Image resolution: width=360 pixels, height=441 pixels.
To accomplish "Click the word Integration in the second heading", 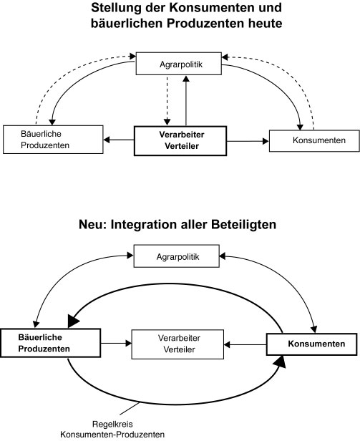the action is tap(145, 225).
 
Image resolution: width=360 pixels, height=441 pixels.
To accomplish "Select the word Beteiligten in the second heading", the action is tap(243, 225).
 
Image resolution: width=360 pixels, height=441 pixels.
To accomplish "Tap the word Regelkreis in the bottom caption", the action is tap(112, 424).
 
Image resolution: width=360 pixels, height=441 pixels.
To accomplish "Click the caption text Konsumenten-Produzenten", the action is tap(112, 435).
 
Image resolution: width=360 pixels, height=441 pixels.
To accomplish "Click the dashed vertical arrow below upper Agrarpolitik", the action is tap(167, 101).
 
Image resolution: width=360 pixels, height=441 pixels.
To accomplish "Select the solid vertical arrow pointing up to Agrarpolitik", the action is tap(186, 101).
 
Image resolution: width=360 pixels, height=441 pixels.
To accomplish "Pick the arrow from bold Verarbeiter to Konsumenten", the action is tap(248, 141).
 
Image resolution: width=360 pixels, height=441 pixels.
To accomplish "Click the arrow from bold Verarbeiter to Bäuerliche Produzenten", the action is tap(119, 140).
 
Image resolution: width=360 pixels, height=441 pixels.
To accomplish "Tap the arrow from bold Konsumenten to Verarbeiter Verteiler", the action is tap(245, 344).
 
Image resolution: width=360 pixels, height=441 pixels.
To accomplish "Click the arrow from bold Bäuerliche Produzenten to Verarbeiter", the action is tap(116, 343).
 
